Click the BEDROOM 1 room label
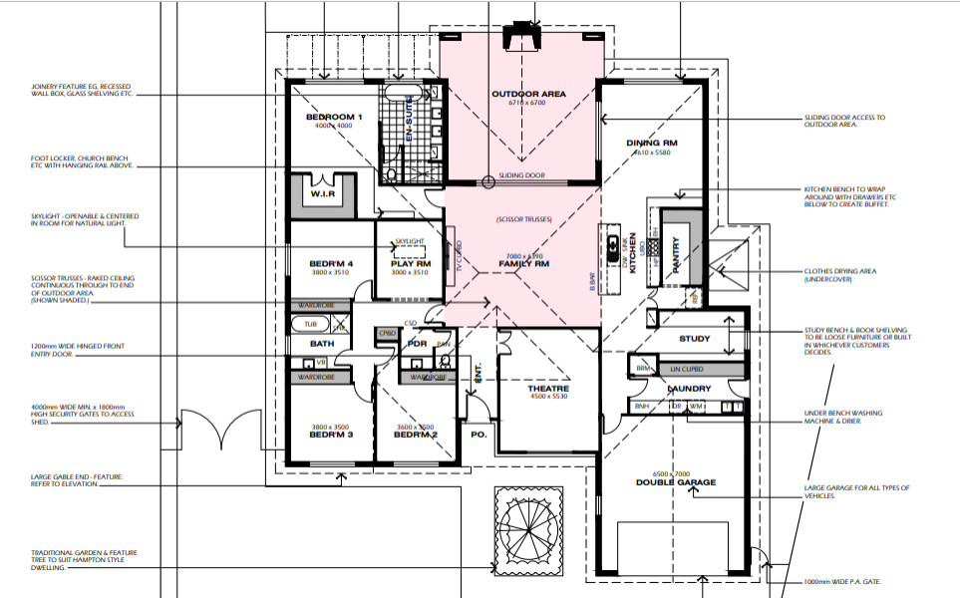tap(333, 118)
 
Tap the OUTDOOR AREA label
tap(528, 95)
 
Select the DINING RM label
tap(652, 143)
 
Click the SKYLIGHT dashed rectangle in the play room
tap(409, 248)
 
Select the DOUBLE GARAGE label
tap(676, 482)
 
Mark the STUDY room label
tap(694, 339)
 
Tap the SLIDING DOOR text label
tap(521, 175)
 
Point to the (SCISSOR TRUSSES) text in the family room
tap(522, 219)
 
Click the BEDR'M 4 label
tap(329, 263)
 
